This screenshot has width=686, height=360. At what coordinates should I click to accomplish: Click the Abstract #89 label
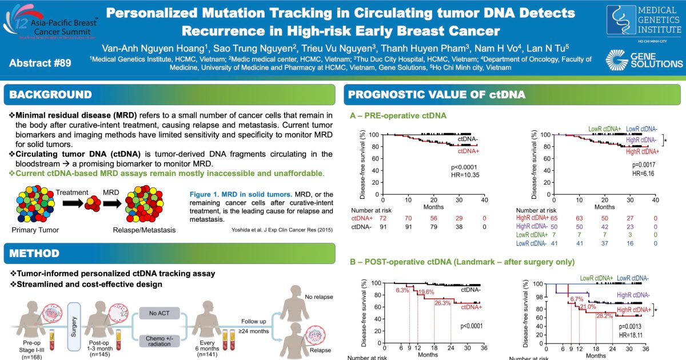(40, 63)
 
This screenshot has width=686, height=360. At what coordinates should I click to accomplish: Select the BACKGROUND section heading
(50, 94)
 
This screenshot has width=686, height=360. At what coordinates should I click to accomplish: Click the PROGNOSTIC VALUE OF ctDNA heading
(437, 95)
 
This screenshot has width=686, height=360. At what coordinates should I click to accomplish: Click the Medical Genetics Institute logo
(644, 22)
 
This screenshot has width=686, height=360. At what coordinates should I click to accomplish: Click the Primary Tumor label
(35, 230)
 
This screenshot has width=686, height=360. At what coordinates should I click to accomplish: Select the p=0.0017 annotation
(644, 165)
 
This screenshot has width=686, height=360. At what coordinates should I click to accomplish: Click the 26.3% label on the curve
(442, 303)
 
